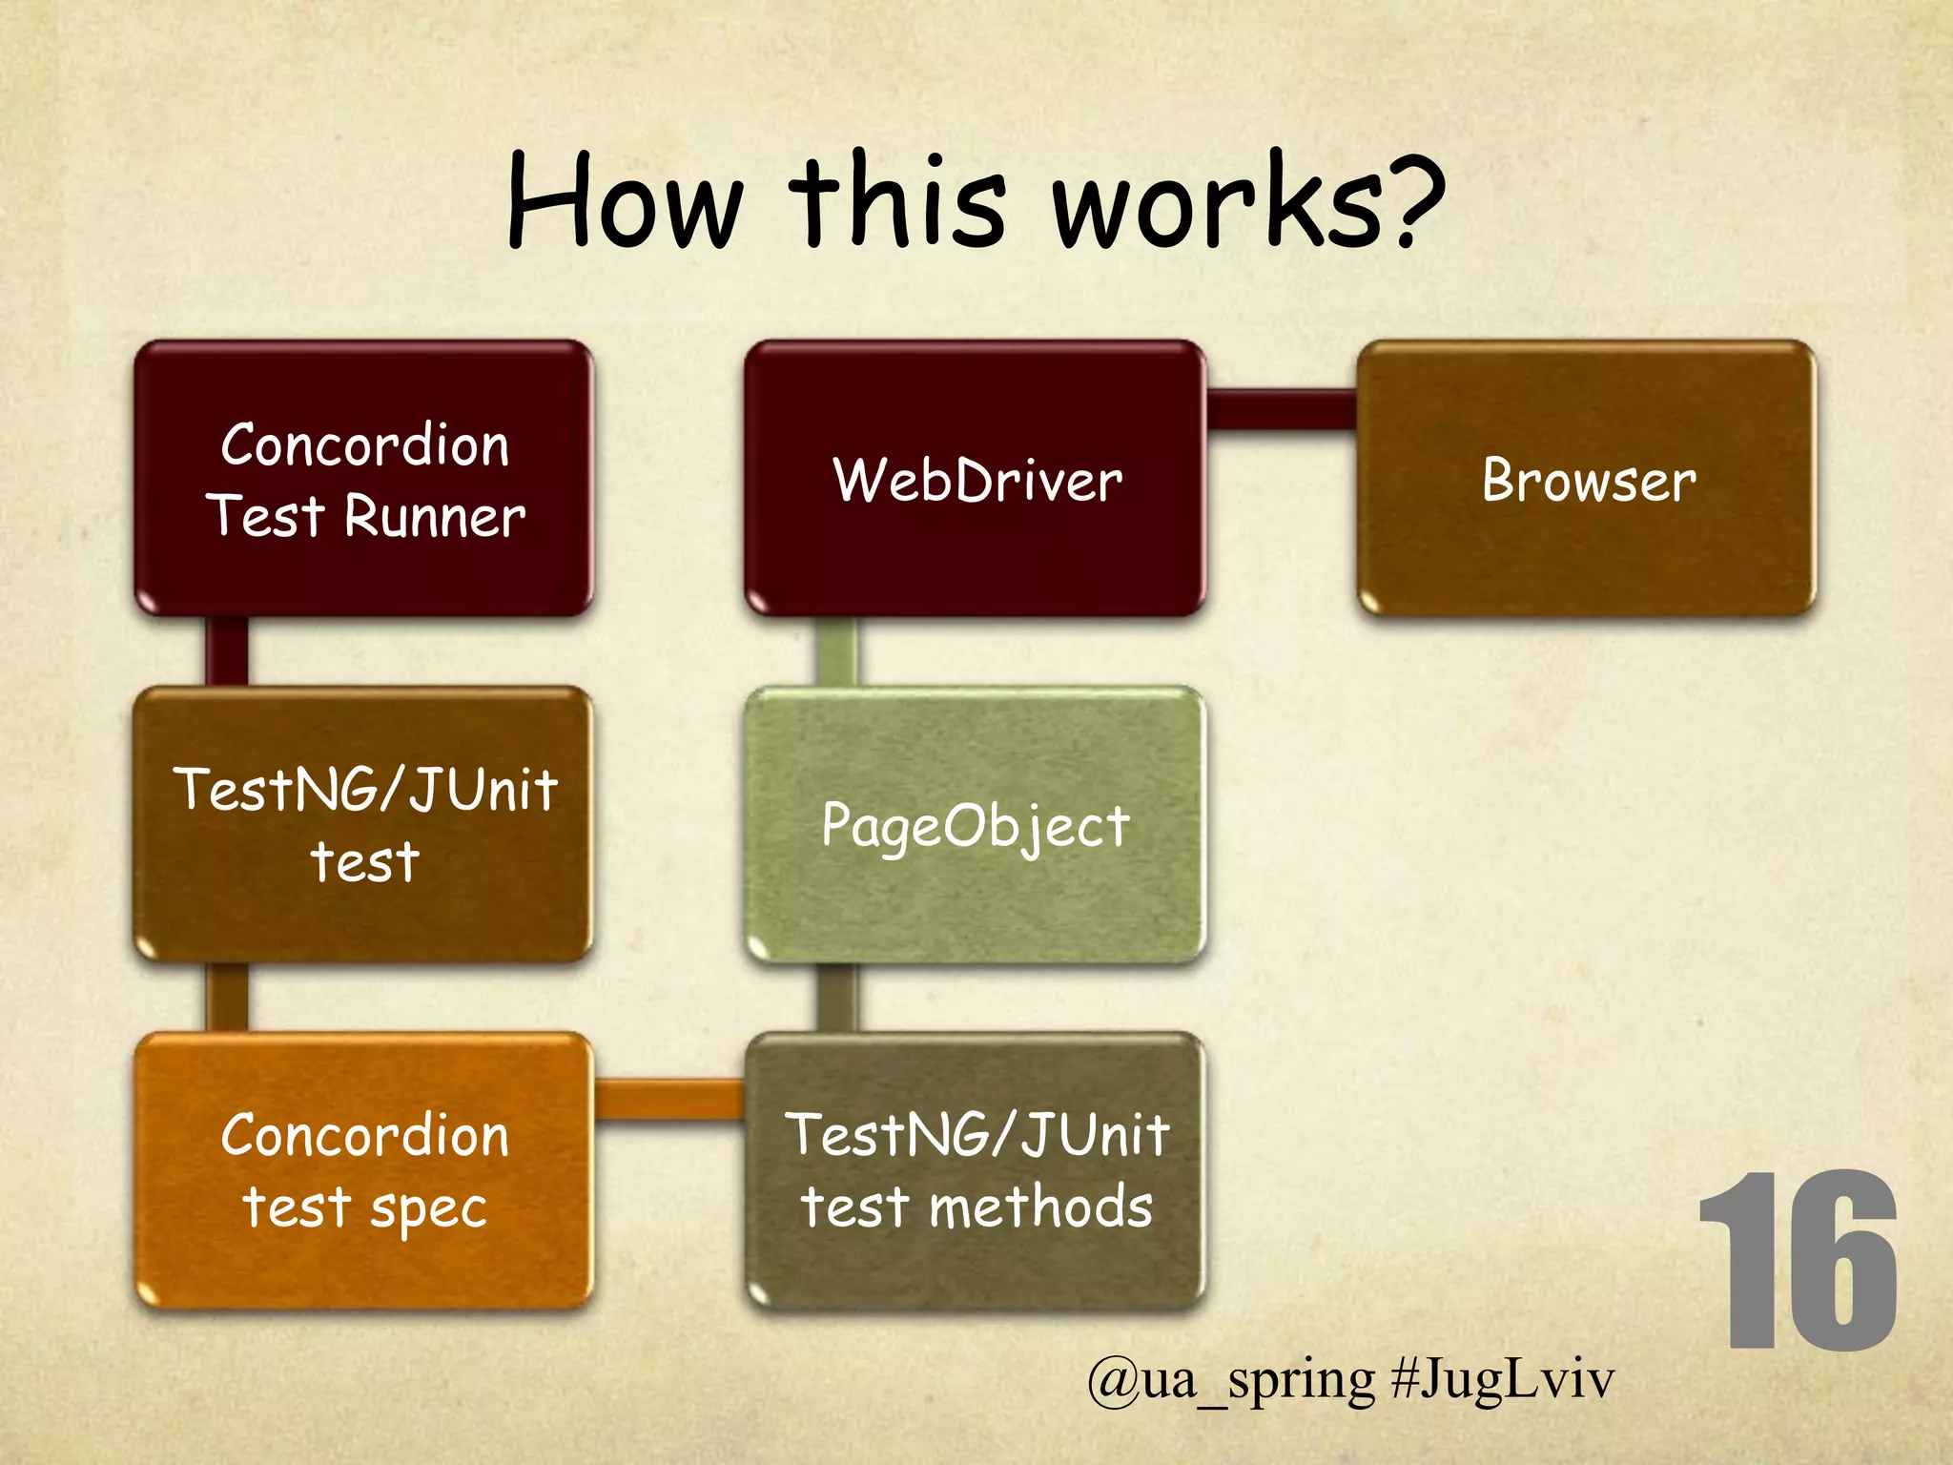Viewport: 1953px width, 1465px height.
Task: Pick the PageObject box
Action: [975, 825]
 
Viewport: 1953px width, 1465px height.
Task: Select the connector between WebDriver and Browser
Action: [1282, 409]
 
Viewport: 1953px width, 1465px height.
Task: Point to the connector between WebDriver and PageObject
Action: [836, 650]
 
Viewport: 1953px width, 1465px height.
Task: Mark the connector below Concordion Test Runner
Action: [227, 650]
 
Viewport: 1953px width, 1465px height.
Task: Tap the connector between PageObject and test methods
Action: [836, 997]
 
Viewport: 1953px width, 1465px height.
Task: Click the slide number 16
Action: [1797, 1261]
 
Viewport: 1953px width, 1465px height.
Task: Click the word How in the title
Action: [625, 202]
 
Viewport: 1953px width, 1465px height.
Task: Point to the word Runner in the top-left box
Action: [434, 517]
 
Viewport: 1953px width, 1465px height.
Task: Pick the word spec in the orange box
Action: [428, 1209]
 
